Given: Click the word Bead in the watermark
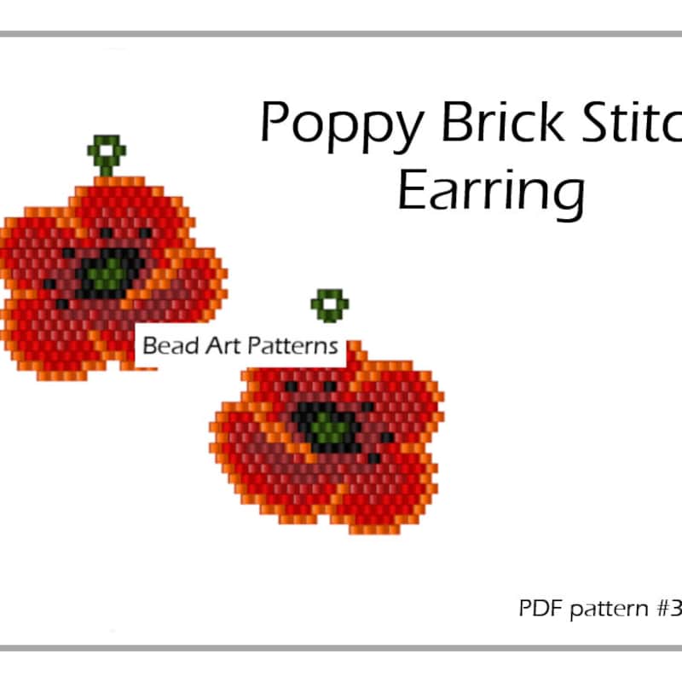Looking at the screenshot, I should click(163, 346).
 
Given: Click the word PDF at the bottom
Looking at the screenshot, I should click(536, 610).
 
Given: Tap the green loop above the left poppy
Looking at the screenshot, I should click(107, 153).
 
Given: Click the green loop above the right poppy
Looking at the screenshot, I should click(329, 304).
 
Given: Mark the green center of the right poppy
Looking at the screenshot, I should click(327, 424).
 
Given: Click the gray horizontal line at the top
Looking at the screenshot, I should click(341, 34).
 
